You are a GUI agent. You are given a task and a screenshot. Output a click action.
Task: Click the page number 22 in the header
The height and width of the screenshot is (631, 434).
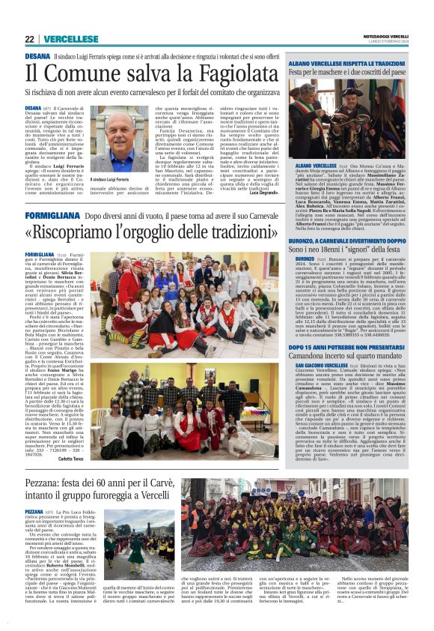point(29,39)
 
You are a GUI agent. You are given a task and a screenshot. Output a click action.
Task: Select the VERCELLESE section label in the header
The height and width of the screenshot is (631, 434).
point(70,39)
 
